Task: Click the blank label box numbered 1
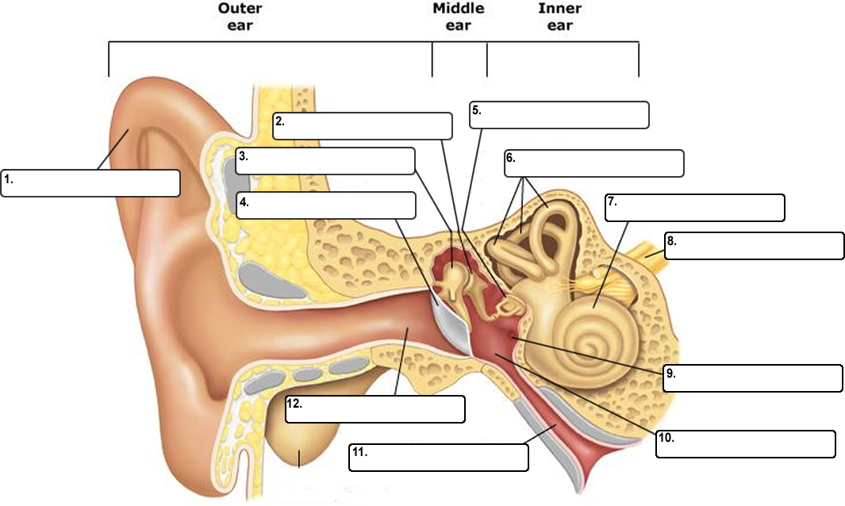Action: click(x=90, y=183)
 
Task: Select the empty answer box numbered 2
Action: click(x=363, y=126)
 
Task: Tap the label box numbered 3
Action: click(x=325, y=160)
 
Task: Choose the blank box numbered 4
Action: click(x=326, y=205)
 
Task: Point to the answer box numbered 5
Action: click(x=559, y=114)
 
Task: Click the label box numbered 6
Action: click(x=593, y=163)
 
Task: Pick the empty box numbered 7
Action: click(x=694, y=207)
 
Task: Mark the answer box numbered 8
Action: click(x=755, y=246)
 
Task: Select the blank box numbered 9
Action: click(x=753, y=378)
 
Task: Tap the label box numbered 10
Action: click(x=745, y=444)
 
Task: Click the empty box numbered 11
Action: click(x=438, y=458)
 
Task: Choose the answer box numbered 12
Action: click(x=374, y=408)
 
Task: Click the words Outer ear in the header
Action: click(x=240, y=17)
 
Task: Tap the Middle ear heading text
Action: click(x=459, y=17)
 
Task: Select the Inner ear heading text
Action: click(x=559, y=17)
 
